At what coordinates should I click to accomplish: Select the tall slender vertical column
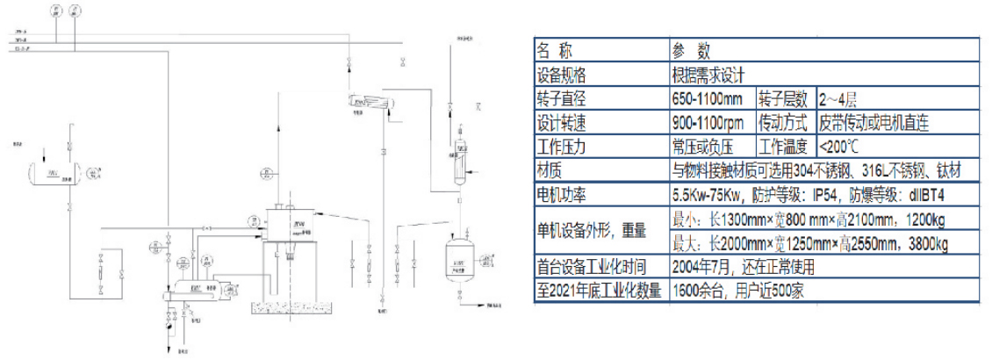[458, 158]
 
